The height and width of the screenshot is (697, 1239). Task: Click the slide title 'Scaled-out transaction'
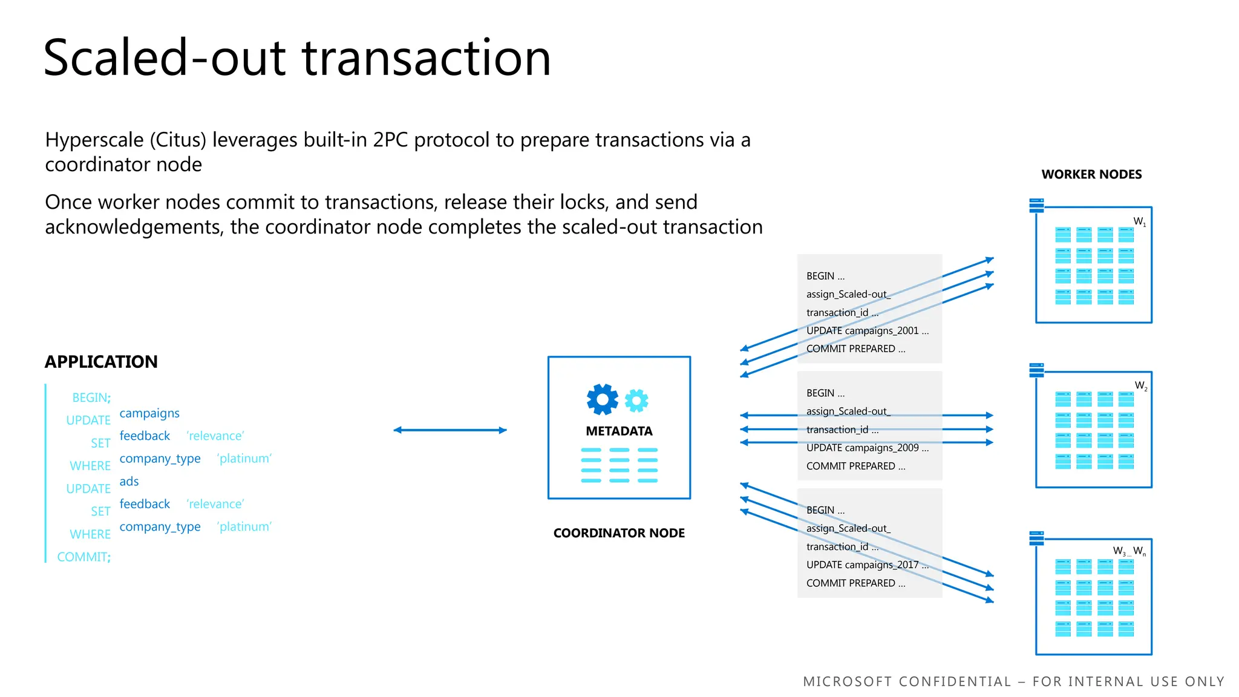pyautogui.click(x=296, y=58)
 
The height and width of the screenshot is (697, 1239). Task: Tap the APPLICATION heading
pyautogui.click(x=101, y=362)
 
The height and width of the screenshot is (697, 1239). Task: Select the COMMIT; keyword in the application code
pyautogui.click(x=84, y=557)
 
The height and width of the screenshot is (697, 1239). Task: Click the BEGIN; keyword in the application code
pyautogui.click(x=91, y=398)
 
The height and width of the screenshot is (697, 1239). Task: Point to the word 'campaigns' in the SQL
pyautogui.click(x=149, y=413)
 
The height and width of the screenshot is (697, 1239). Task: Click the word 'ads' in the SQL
pyautogui.click(x=129, y=482)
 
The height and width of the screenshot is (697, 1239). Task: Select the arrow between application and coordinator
pyautogui.click(x=450, y=430)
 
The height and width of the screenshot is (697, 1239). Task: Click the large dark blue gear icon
pyautogui.click(x=602, y=399)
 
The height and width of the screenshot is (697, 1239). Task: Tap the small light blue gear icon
pyautogui.click(x=636, y=400)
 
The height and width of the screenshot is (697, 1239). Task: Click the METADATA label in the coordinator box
pyautogui.click(x=619, y=431)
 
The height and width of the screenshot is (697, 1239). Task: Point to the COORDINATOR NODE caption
pyautogui.click(x=619, y=533)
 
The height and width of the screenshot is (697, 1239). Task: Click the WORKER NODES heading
pyautogui.click(x=1091, y=175)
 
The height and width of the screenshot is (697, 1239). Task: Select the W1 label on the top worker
pyautogui.click(x=1139, y=221)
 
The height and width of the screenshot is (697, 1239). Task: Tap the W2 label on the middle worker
pyautogui.click(x=1140, y=386)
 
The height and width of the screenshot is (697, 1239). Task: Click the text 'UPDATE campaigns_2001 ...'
pyautogui.click(x=867, y=331)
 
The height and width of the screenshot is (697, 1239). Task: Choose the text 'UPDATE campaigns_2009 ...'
pyautogui.click(x=867, y=448)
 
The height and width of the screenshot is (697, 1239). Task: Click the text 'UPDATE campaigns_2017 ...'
pyautogui.click(x=867, y=565)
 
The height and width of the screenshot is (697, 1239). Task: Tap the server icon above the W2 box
pyautogui.click(x=1036, y=370)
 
